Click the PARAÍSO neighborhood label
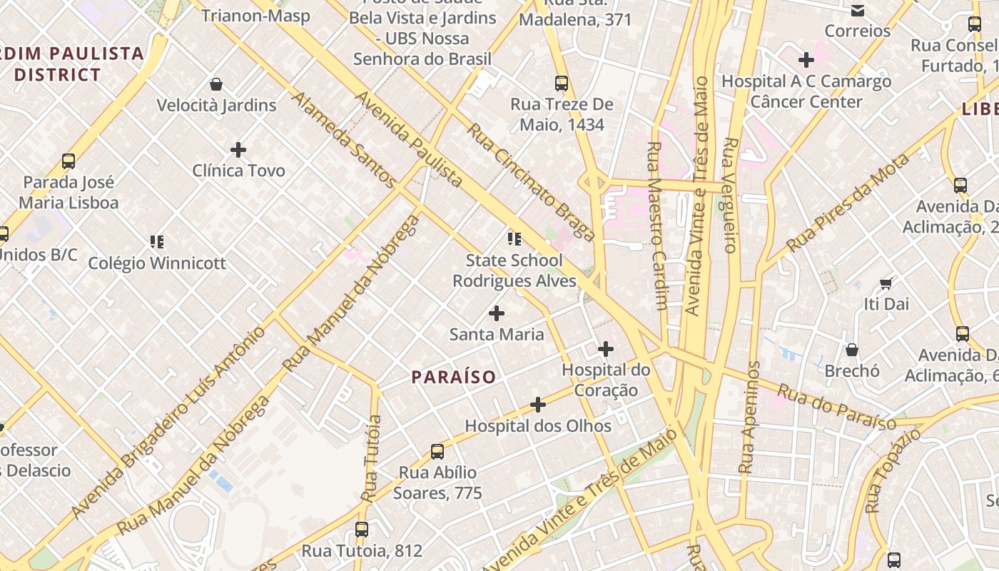[453, 377]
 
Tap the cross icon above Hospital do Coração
[606, 349]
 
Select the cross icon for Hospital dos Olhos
[538, 405]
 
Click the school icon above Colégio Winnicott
[157, 242]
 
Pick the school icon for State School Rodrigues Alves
[514, 239]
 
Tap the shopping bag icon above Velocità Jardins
[216, 84]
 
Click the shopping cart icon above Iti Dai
[886, 283]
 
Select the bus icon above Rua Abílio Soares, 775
[437, 452]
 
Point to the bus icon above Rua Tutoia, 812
[362, 530]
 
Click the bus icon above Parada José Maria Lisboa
[69, 161]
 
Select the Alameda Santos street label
[343, 140]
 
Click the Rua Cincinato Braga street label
[531, 182]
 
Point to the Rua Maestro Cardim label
[656, 225]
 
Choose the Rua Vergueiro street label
[729, 195]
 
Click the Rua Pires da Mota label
[848, 202]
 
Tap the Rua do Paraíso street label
[836, 408]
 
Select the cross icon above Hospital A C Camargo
[806, 60]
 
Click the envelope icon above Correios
[858, 11]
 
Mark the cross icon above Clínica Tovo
[238, 150]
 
